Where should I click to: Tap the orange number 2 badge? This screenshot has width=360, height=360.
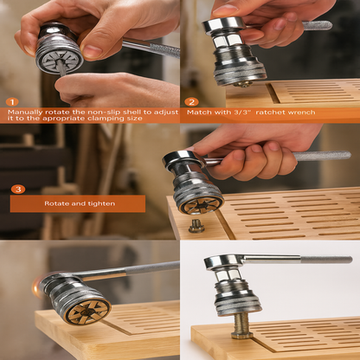click(192, 101)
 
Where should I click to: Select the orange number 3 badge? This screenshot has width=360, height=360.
click(19, 189)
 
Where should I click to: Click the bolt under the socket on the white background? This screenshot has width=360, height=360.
click(241, 325)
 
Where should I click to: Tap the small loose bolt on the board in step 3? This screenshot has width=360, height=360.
click(196, 227)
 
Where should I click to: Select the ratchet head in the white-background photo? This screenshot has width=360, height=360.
click(222, 262)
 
